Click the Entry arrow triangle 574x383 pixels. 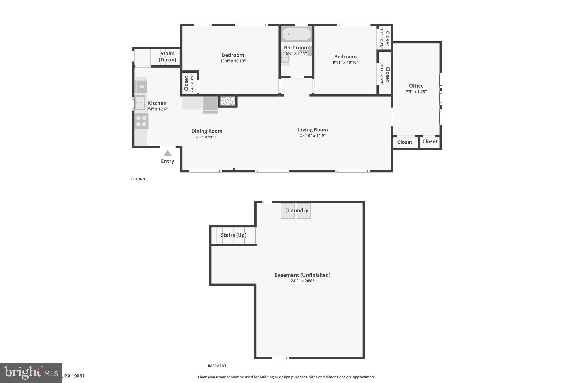168,153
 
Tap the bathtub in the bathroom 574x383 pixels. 296,34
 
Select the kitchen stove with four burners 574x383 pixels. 141,121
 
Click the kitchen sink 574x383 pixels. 140,102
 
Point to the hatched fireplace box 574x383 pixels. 228,101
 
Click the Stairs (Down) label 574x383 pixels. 167,57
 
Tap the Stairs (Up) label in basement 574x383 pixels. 233,235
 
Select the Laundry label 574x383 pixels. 298,210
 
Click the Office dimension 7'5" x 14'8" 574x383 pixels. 416,92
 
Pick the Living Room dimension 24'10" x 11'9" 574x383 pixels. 313,136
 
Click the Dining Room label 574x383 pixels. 207,131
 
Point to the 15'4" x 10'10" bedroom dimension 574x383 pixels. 233,61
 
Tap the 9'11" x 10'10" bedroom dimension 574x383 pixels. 345,63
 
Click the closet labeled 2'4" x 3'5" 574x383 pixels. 189,83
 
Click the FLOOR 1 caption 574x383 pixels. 138,179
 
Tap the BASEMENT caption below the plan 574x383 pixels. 217,366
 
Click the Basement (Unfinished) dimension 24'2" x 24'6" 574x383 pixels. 302,281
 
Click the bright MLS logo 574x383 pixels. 31,373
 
